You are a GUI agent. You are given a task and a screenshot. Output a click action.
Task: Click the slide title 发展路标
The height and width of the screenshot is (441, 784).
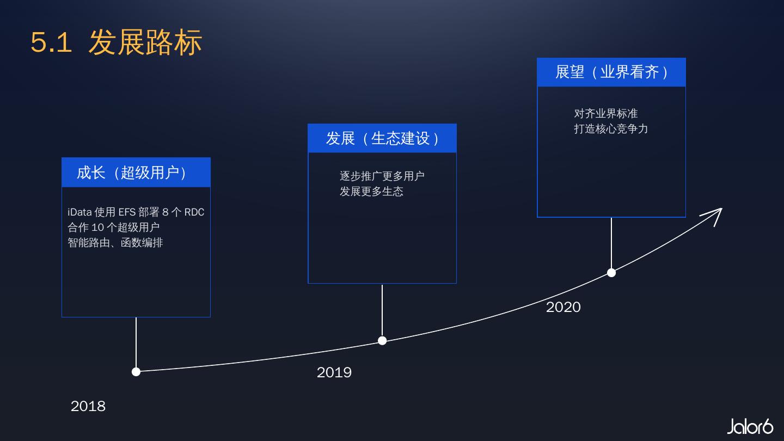click(145, 42)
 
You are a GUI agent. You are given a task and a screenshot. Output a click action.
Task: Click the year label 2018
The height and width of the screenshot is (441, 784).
click(88, 406)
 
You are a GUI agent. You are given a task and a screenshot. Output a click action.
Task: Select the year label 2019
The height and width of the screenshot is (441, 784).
click(334, 372)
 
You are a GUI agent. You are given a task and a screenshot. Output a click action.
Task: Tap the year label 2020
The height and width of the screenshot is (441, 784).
click(563, 307)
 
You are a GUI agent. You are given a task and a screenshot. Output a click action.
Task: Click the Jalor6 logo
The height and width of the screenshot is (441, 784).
click(750, 426)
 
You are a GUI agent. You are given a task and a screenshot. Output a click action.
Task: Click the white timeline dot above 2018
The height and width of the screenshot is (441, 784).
click(136, 372)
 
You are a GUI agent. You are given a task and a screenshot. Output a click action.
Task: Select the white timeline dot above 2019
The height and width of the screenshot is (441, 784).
click(382, 341)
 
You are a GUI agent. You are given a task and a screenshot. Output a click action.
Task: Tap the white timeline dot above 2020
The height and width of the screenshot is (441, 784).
click(611, 273)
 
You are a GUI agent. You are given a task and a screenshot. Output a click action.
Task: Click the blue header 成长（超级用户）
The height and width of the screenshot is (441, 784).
click(136, 173)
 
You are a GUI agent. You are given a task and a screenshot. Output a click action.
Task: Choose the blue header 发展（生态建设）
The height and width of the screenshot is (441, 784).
click(382, 138)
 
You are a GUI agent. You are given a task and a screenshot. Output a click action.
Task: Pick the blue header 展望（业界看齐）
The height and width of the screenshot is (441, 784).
click(611, 72)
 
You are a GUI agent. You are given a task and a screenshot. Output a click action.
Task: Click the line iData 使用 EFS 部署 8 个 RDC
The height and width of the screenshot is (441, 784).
click(136, 212)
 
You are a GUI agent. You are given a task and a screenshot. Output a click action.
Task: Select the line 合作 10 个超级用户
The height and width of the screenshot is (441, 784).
click(114, 227)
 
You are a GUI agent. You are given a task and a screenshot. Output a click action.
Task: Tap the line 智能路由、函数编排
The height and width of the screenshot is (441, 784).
click(115, 242)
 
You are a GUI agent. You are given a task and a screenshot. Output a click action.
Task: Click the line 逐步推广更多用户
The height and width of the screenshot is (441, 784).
click(382, 176)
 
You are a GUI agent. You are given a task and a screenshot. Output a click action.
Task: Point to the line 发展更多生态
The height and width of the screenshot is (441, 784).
click(371, 191)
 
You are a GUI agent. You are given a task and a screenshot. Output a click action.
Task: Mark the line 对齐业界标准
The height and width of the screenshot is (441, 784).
click(606, 113)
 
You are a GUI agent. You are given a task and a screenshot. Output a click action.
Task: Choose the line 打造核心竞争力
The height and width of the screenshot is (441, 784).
click(611, 128)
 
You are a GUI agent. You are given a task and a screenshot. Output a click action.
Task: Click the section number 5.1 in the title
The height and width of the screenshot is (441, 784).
click(51, 42)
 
